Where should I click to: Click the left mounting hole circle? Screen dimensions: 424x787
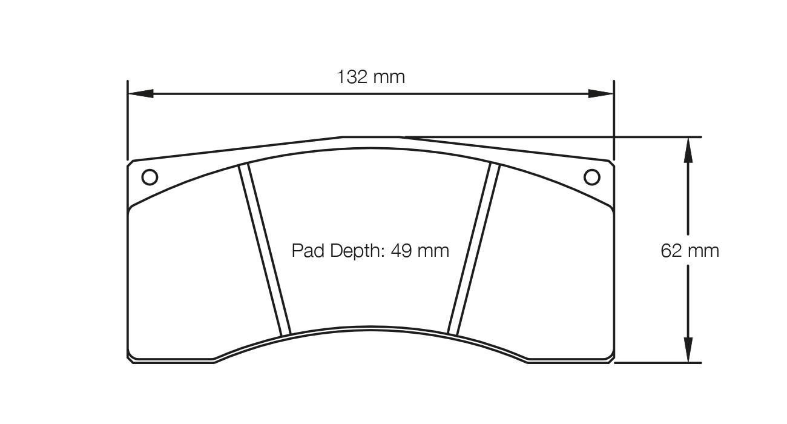[x=150, y=177]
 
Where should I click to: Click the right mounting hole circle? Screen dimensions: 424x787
[x=591, y=177]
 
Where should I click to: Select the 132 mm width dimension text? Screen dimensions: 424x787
[x=370, y=77]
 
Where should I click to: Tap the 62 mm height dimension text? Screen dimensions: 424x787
[x=690, y=251]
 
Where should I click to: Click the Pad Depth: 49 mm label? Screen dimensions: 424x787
[x=370, y=251]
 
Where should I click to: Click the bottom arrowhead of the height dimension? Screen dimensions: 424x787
[x=688, y=351]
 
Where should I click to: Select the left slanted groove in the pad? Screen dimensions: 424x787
[x=265, y=249]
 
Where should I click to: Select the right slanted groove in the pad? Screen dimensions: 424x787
[x=473, y=249]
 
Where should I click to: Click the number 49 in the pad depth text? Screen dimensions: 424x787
[x=401, y=251]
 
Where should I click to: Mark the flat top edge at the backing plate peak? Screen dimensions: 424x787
[x=370, y=137]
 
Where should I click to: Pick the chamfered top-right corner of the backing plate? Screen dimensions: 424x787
[x=611, y=164]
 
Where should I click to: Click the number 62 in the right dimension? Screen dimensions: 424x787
[x=671, y=251]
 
